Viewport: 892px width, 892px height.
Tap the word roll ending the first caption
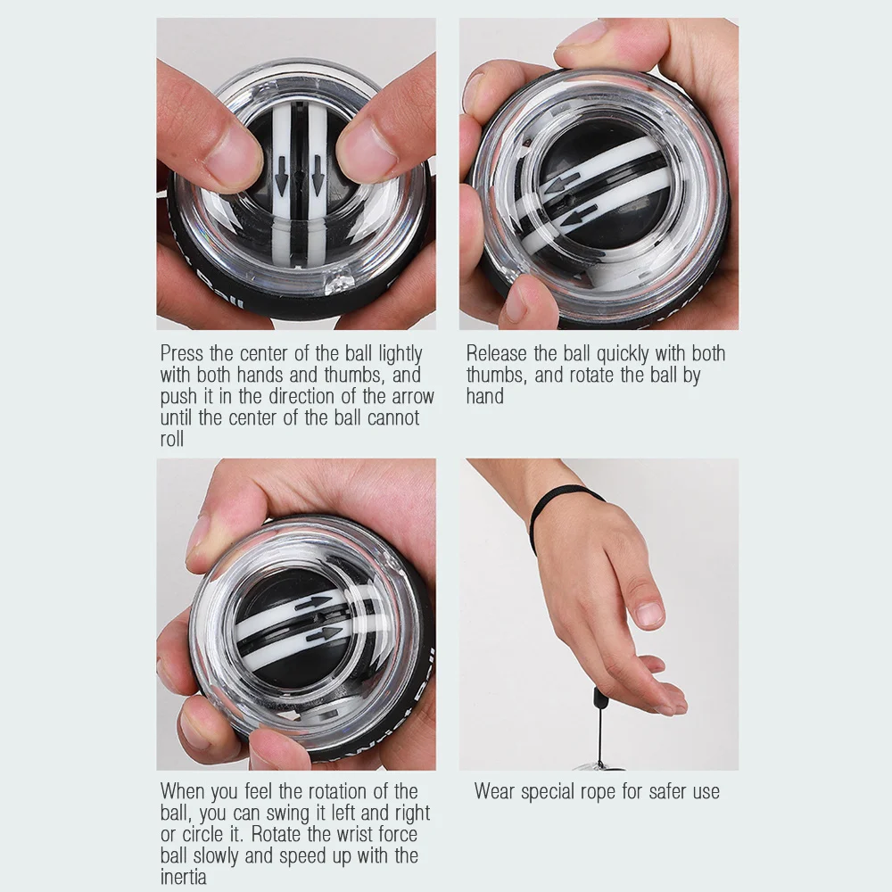171,440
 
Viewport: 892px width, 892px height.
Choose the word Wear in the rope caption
497,791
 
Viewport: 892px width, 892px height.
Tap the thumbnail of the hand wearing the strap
651,614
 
